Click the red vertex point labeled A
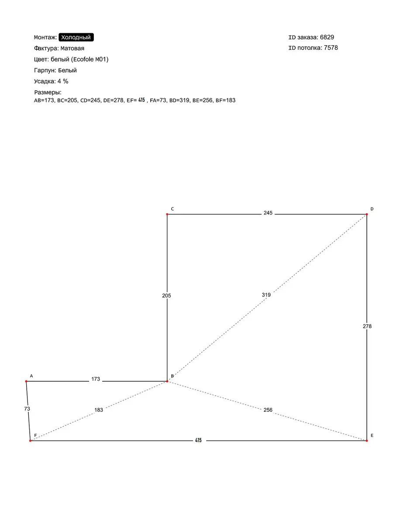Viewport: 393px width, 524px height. pyautogui.click(x=27, y=382)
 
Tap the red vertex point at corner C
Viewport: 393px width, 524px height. pyautogui.click(x=167, y=214)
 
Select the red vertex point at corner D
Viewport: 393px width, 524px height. pyautogui.click(x=367, y=214)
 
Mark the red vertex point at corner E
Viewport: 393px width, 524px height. pyautogui.click(x=367, y=441)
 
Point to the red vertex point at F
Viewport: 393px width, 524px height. pyautogui.click(x=30, y=441)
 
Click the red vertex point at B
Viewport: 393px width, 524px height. pyautogui.click(x=167, y=382)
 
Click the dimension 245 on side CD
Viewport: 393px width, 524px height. pyautogui.click(x=268, y=213)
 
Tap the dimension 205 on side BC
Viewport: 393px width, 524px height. pyautogui.click(x=166, y=296)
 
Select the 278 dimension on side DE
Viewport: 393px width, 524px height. pyautogui.click(x=367, y=326)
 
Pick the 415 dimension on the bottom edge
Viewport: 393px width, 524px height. pyautogui.click(x=199, y=441)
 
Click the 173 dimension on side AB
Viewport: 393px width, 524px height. pyautogui.click(x=96, y=379)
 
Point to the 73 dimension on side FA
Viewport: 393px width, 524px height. pyautogui.click(x=27, y=409)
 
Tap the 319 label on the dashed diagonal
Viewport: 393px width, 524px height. pyautogui.click(x=266, y=295)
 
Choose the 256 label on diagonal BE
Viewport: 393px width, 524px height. pyautogui.click(x=268, y=410)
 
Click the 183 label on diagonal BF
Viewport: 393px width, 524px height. pyautogui.click(x=99, y=410)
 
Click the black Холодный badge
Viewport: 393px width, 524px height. pyautogui.click(x=76, y=38)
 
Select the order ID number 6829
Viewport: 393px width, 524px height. pyautogui.click(x=327, y=38)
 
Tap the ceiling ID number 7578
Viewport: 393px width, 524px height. pyautogui.click(x=331, y=48)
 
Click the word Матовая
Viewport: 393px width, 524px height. pyautogui.click(x=72, y=48)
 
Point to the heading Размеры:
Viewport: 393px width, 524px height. pyautogui.click(x=48, y=93)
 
